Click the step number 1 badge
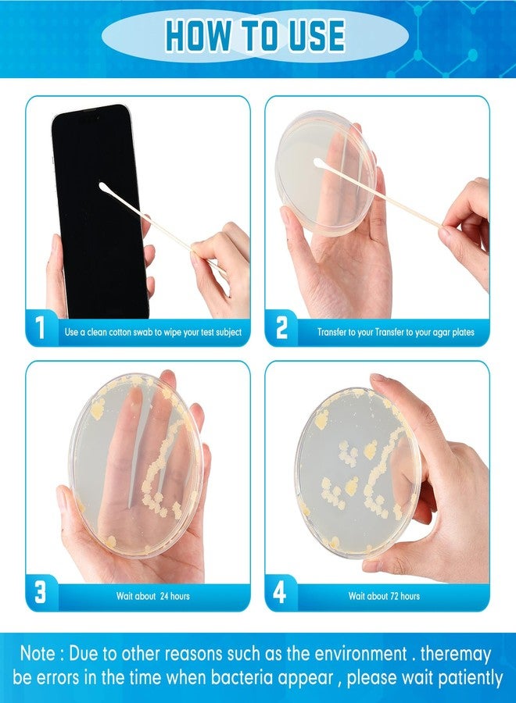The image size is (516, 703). click(40, 327)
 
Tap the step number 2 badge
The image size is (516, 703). click(281, 327)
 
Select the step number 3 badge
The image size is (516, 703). click(40, 592)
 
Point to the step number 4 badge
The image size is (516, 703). click(280, 592)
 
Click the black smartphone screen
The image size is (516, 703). click(99, 212)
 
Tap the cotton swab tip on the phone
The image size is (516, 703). click(103, 187)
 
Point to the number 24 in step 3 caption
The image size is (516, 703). click(165, 596)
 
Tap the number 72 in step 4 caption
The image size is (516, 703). click(395, 596)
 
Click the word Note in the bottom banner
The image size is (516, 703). click(38, 653)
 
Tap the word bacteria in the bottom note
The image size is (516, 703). click(242, 677)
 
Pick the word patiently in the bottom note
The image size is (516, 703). click(470, 678)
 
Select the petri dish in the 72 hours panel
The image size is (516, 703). click(357, 473)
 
